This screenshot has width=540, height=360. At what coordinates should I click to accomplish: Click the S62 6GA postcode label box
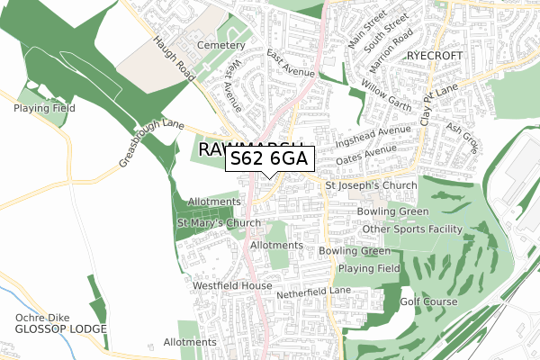[x=269, y=159]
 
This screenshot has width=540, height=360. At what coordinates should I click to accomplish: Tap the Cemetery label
[x=223, y=45]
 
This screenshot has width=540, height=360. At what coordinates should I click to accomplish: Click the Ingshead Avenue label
[x=373, y=139]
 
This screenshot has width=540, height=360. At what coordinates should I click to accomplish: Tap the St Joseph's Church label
[x=371, y=185]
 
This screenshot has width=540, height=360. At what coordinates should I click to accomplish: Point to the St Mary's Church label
[x=219, y=222]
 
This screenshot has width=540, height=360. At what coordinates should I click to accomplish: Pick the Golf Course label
[x=429, y=301]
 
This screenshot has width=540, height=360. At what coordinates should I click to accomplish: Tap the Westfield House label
[x=232, y=286]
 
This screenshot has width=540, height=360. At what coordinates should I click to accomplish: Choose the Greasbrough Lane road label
[x=152, y=146]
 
